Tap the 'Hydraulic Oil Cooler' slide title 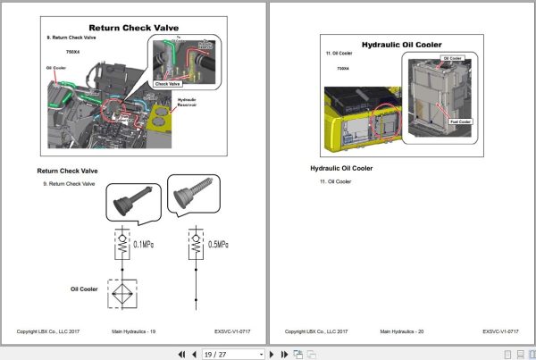click(401, 44)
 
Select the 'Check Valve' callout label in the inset click(169, 84)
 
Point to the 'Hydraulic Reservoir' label click(187, 103)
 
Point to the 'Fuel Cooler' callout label click(460, 121)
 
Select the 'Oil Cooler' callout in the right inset click(453, 58)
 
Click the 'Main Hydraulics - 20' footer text click(401, 331)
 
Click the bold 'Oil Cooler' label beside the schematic click(84, 289)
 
